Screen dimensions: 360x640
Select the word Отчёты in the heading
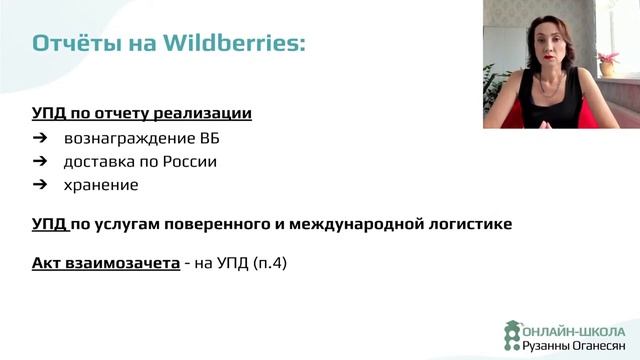(x=71, y=44)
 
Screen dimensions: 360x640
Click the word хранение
(x=101, y=185)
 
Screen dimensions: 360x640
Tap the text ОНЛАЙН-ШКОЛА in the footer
(x=574, y=331)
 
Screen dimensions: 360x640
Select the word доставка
(x=98, y=161)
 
